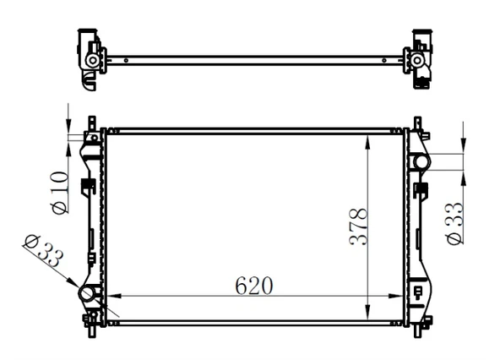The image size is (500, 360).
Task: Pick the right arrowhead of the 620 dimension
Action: (x=402, y=296)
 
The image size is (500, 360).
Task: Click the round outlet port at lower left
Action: (x=88, y=295)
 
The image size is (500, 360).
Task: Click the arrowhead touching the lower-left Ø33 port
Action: (x=77, y=286)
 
